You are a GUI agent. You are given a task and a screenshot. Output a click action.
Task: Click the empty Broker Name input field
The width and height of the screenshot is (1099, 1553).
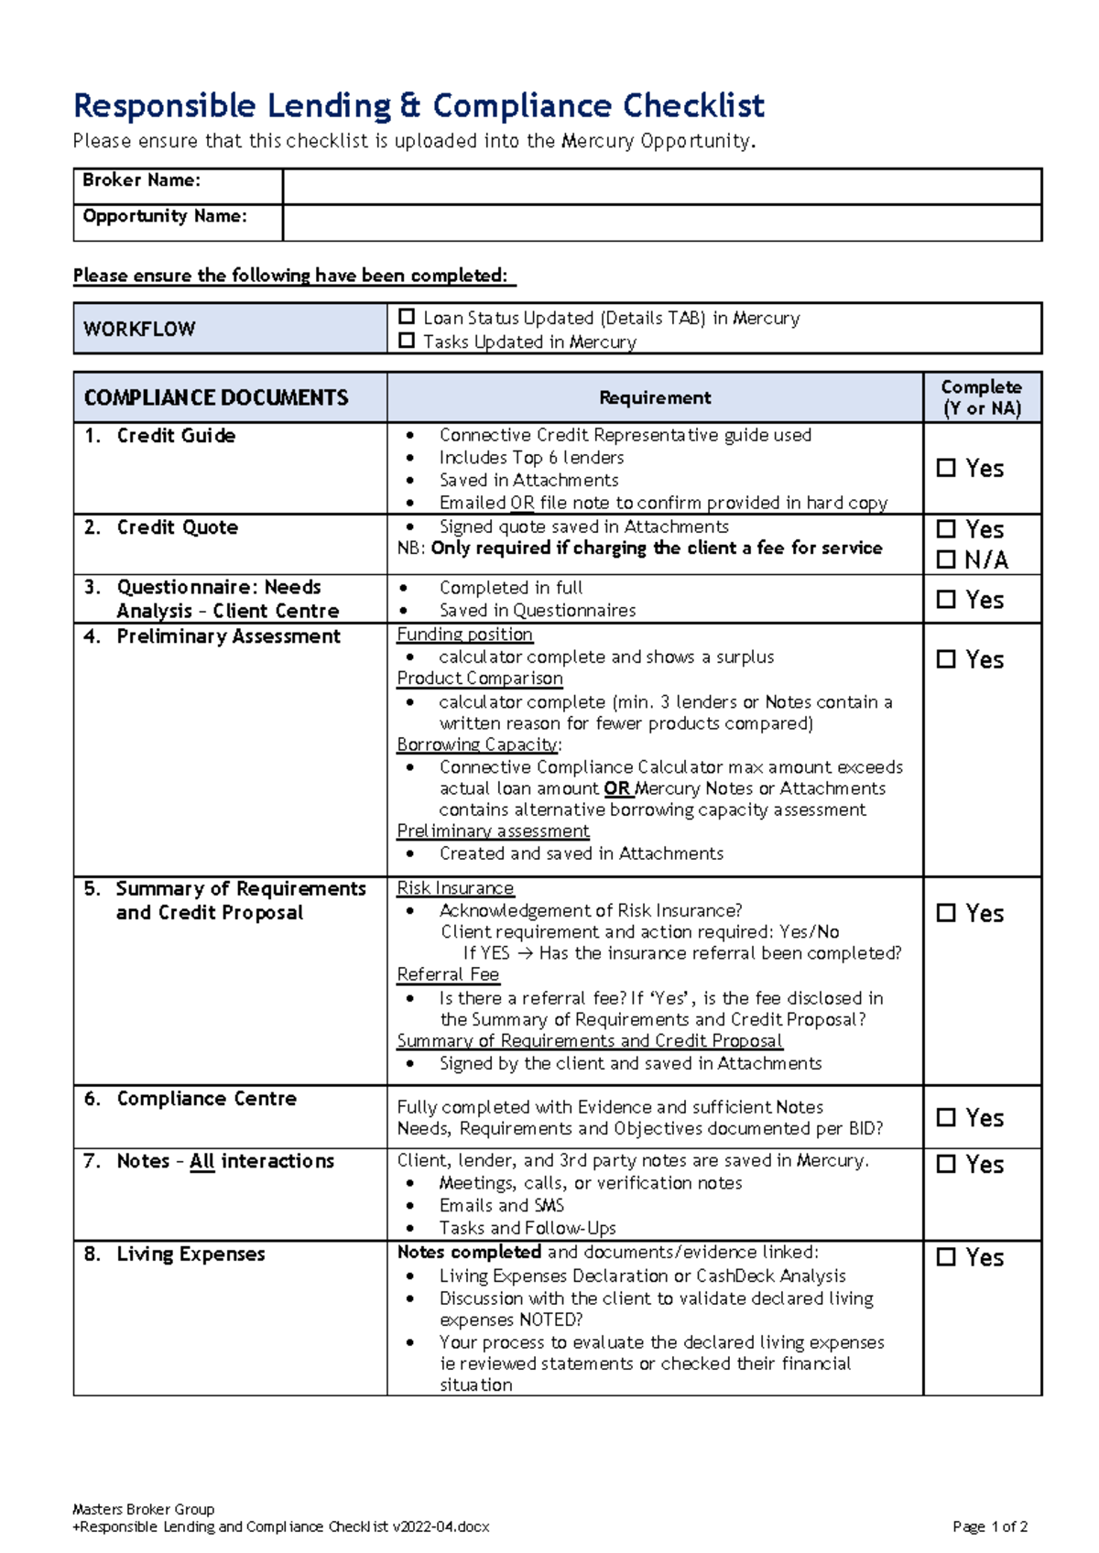661,186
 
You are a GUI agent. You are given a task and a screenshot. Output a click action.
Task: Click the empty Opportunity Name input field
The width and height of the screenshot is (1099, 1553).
661,223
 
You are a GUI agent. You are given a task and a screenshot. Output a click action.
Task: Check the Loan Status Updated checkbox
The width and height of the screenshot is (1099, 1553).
407,317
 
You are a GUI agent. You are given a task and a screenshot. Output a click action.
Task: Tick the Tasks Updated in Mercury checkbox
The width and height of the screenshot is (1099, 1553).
407,341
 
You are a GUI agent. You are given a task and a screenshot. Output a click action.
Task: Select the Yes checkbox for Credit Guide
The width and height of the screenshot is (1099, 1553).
946,468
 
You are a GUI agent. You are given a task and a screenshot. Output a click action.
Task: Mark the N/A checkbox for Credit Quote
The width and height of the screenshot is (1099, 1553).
946,559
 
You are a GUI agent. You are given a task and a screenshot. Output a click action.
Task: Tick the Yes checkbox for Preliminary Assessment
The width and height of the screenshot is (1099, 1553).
946,659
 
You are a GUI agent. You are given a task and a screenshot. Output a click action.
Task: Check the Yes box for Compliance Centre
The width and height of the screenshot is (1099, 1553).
946,1118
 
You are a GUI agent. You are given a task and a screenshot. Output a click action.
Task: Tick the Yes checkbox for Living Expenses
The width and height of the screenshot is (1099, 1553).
946,1257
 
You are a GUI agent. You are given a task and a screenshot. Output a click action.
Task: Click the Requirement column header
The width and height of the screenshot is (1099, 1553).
654,397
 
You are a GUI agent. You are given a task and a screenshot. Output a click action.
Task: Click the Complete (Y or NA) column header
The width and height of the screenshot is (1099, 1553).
981,397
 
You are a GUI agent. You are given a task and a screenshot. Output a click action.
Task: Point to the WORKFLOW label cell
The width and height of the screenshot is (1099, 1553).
139,329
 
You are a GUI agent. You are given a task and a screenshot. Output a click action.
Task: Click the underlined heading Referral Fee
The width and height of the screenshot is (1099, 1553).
448,974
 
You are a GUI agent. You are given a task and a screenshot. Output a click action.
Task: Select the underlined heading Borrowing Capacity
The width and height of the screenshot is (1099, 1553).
477,744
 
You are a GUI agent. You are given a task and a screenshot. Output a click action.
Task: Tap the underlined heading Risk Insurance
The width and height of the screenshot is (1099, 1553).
455,888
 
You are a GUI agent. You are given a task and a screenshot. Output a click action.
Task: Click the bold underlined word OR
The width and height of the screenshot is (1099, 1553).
616,788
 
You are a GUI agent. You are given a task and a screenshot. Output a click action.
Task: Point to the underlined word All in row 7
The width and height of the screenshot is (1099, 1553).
201,1161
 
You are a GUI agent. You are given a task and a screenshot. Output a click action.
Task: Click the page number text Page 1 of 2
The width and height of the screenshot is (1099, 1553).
989,1526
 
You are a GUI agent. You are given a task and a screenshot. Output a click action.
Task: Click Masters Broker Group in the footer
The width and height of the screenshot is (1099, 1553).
143,1509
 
